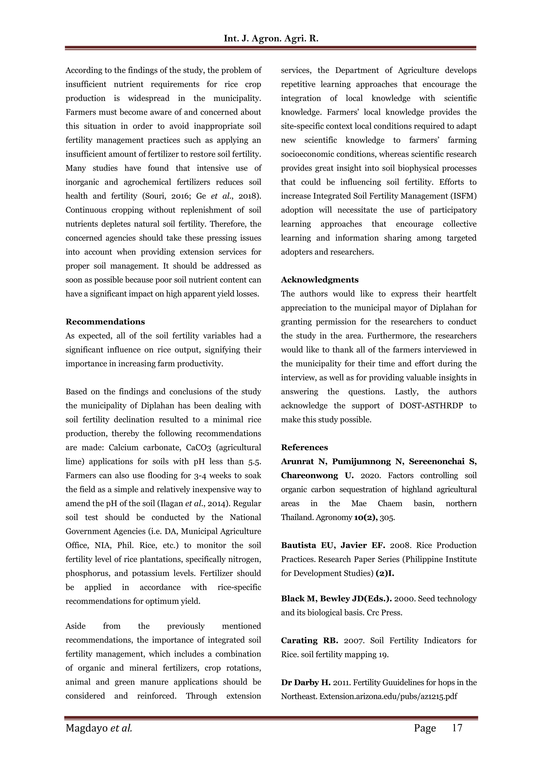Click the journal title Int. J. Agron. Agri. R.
click(271, 39)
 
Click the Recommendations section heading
click(105, 322)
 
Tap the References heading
click(304, 447)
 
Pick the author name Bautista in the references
click(298, 545)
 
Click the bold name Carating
click(299, 640)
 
